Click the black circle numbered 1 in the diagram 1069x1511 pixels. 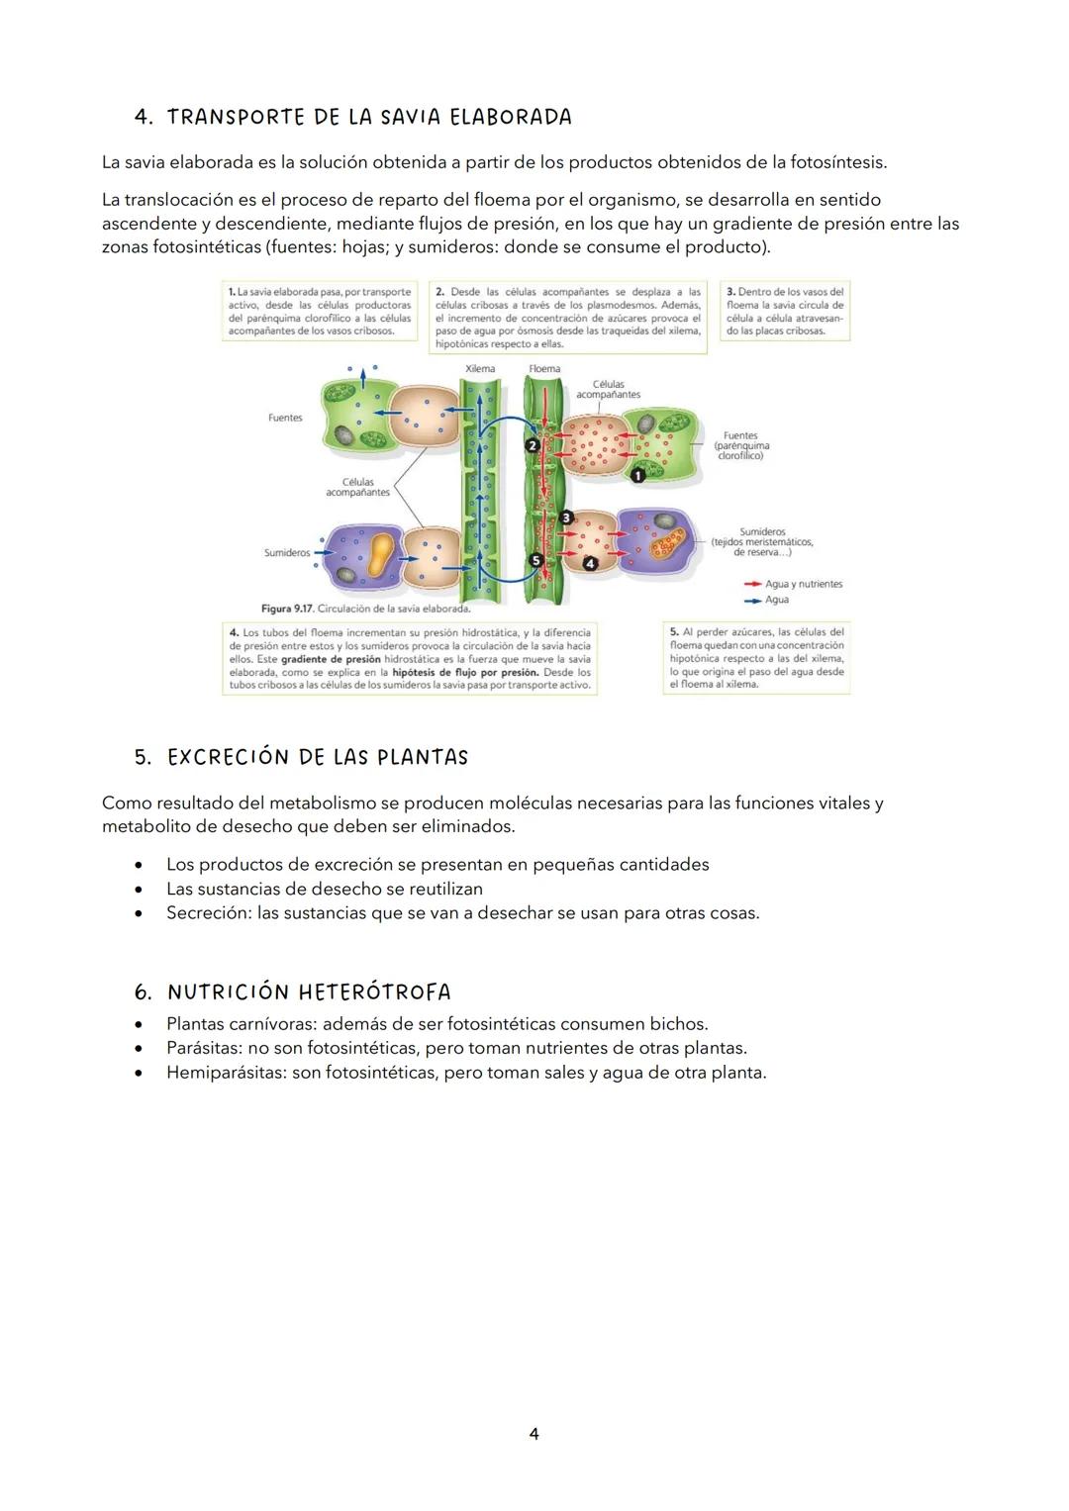coord(637,475)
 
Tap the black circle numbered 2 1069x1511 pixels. coord(532,445)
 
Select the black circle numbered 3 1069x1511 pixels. coord(566,518)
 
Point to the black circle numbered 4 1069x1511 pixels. coord(590,563)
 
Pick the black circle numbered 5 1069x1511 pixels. coord(535,560)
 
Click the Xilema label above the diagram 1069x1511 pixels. coord(480,368)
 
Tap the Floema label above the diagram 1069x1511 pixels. coord(544,368)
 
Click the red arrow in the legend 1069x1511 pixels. coord(752,584)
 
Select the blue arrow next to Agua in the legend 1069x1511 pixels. coord(752,601)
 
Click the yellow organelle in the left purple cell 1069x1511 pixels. coord(381,554)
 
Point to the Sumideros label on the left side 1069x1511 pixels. coord(287,552)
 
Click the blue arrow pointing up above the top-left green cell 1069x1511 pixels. coord(363,378)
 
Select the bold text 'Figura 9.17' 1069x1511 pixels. coord(287,609)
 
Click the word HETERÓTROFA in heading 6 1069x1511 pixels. coord(374,992)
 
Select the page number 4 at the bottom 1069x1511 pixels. coord(534,1434)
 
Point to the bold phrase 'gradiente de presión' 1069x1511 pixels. coord(331,659)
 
